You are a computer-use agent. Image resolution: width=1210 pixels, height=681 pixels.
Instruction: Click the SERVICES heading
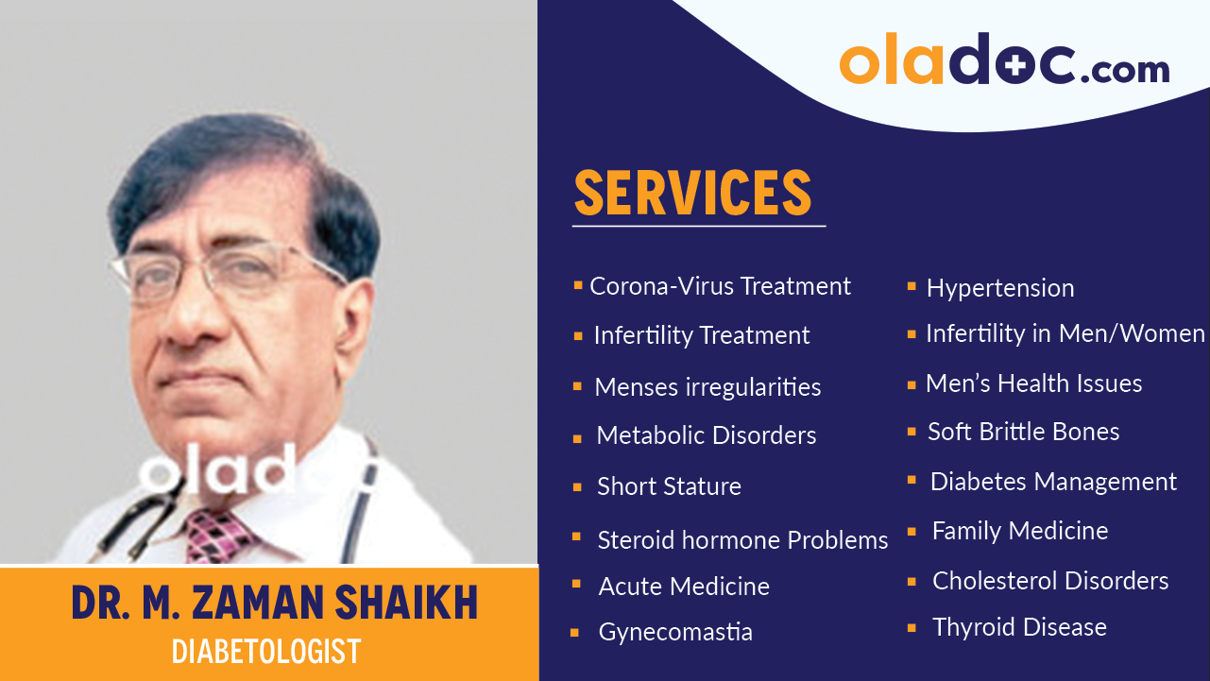(692, 193)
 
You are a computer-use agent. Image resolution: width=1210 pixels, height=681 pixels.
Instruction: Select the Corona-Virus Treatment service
(720, 286)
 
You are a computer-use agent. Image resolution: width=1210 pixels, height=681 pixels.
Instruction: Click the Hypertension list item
(999, 288)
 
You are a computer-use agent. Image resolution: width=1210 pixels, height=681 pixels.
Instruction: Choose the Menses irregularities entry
(707, 387)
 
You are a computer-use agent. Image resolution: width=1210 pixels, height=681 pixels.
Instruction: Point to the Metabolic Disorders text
(706, 435)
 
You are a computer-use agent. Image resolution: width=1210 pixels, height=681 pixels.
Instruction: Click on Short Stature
(669, 486)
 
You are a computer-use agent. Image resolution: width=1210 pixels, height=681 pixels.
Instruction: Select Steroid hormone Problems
(742, 540)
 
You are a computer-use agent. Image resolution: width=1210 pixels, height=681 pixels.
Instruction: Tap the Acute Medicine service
(684, 587)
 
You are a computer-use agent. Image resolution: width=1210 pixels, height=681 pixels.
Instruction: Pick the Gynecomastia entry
(675, 632)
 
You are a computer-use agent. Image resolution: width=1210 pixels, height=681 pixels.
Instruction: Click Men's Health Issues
(1033, 383)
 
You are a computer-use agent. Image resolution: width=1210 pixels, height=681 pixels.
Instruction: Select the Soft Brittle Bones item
(1023, 432)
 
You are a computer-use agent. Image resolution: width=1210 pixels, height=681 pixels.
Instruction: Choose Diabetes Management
(1053, 482)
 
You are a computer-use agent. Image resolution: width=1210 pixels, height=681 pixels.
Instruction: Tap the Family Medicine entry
(1020, 531)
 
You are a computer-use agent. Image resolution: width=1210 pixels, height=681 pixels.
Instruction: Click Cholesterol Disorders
(1050, 581)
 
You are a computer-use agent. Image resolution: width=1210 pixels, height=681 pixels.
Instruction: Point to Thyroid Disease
(1019, 627)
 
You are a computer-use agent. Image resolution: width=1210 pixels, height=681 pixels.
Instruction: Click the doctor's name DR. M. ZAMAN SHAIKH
(274, 604)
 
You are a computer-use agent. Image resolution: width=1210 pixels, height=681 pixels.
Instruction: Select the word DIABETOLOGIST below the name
(266, 651)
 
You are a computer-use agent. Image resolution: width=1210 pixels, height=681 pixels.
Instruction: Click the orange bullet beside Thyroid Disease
(912, 627)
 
